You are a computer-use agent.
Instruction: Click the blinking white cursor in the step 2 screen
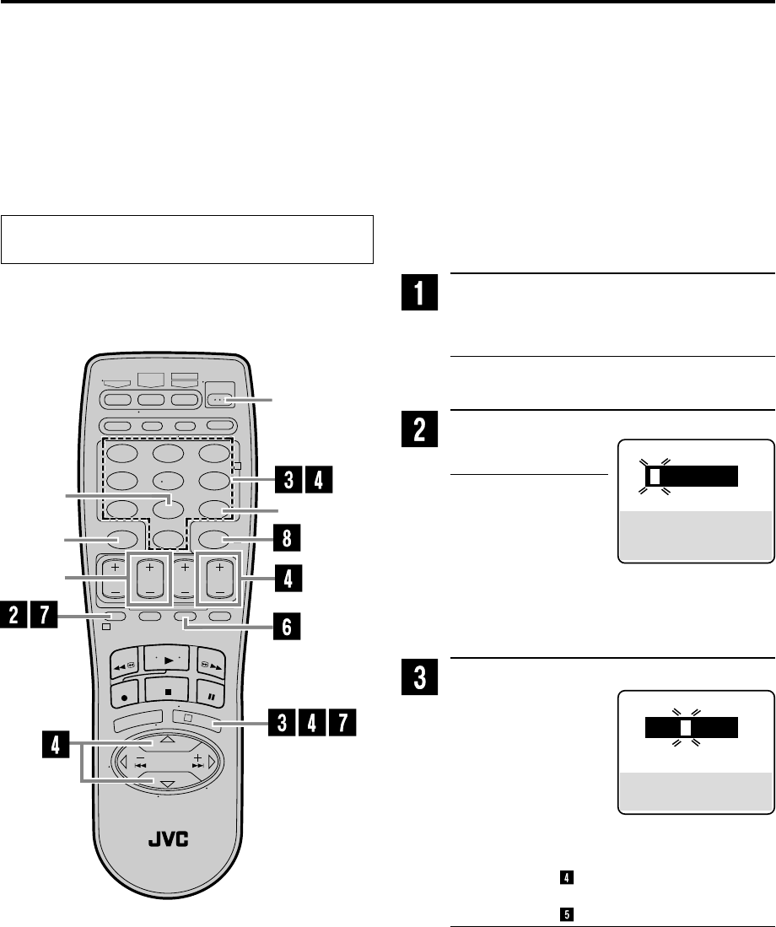(654, 477)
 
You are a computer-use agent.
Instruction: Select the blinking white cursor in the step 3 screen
(686, 727)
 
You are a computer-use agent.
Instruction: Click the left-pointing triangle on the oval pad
(123, 762)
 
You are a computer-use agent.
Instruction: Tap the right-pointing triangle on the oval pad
(213, 762)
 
